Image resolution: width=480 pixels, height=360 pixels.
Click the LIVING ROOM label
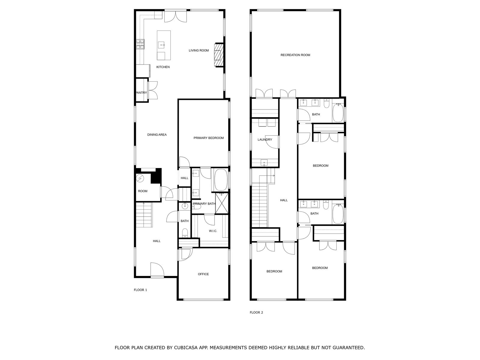(x=199, y=50)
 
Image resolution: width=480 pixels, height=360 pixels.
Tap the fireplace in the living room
(x=219, y=55)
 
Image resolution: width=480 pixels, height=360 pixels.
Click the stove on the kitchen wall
(x=140, y=44)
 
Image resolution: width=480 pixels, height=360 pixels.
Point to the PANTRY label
(x=141, y=93)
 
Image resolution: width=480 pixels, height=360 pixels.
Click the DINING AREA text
(x=157, y=135)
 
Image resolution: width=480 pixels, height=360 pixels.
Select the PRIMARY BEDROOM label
(x=208, y=138)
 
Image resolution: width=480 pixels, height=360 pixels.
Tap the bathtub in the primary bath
(x=220, y=180)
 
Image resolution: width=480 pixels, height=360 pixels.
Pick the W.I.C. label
(x=213, y=231)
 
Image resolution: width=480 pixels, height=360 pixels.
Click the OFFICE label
(x=203, y=274)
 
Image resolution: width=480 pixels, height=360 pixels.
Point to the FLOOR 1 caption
(x=140, y=290)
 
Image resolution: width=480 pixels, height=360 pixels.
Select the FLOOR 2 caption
(x=256, y=313)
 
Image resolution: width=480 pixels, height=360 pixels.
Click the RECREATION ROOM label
(x=295, y=55)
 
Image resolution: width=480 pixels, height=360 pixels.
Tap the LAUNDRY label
(x=265, y=140)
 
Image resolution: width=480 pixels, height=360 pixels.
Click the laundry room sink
(x=264, y=163)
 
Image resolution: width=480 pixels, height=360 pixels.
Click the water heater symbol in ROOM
(x=140, y=179)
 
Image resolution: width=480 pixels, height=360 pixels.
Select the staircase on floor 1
(x=144, y=215)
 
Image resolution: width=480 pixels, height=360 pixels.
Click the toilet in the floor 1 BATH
(x=185, y=233)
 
